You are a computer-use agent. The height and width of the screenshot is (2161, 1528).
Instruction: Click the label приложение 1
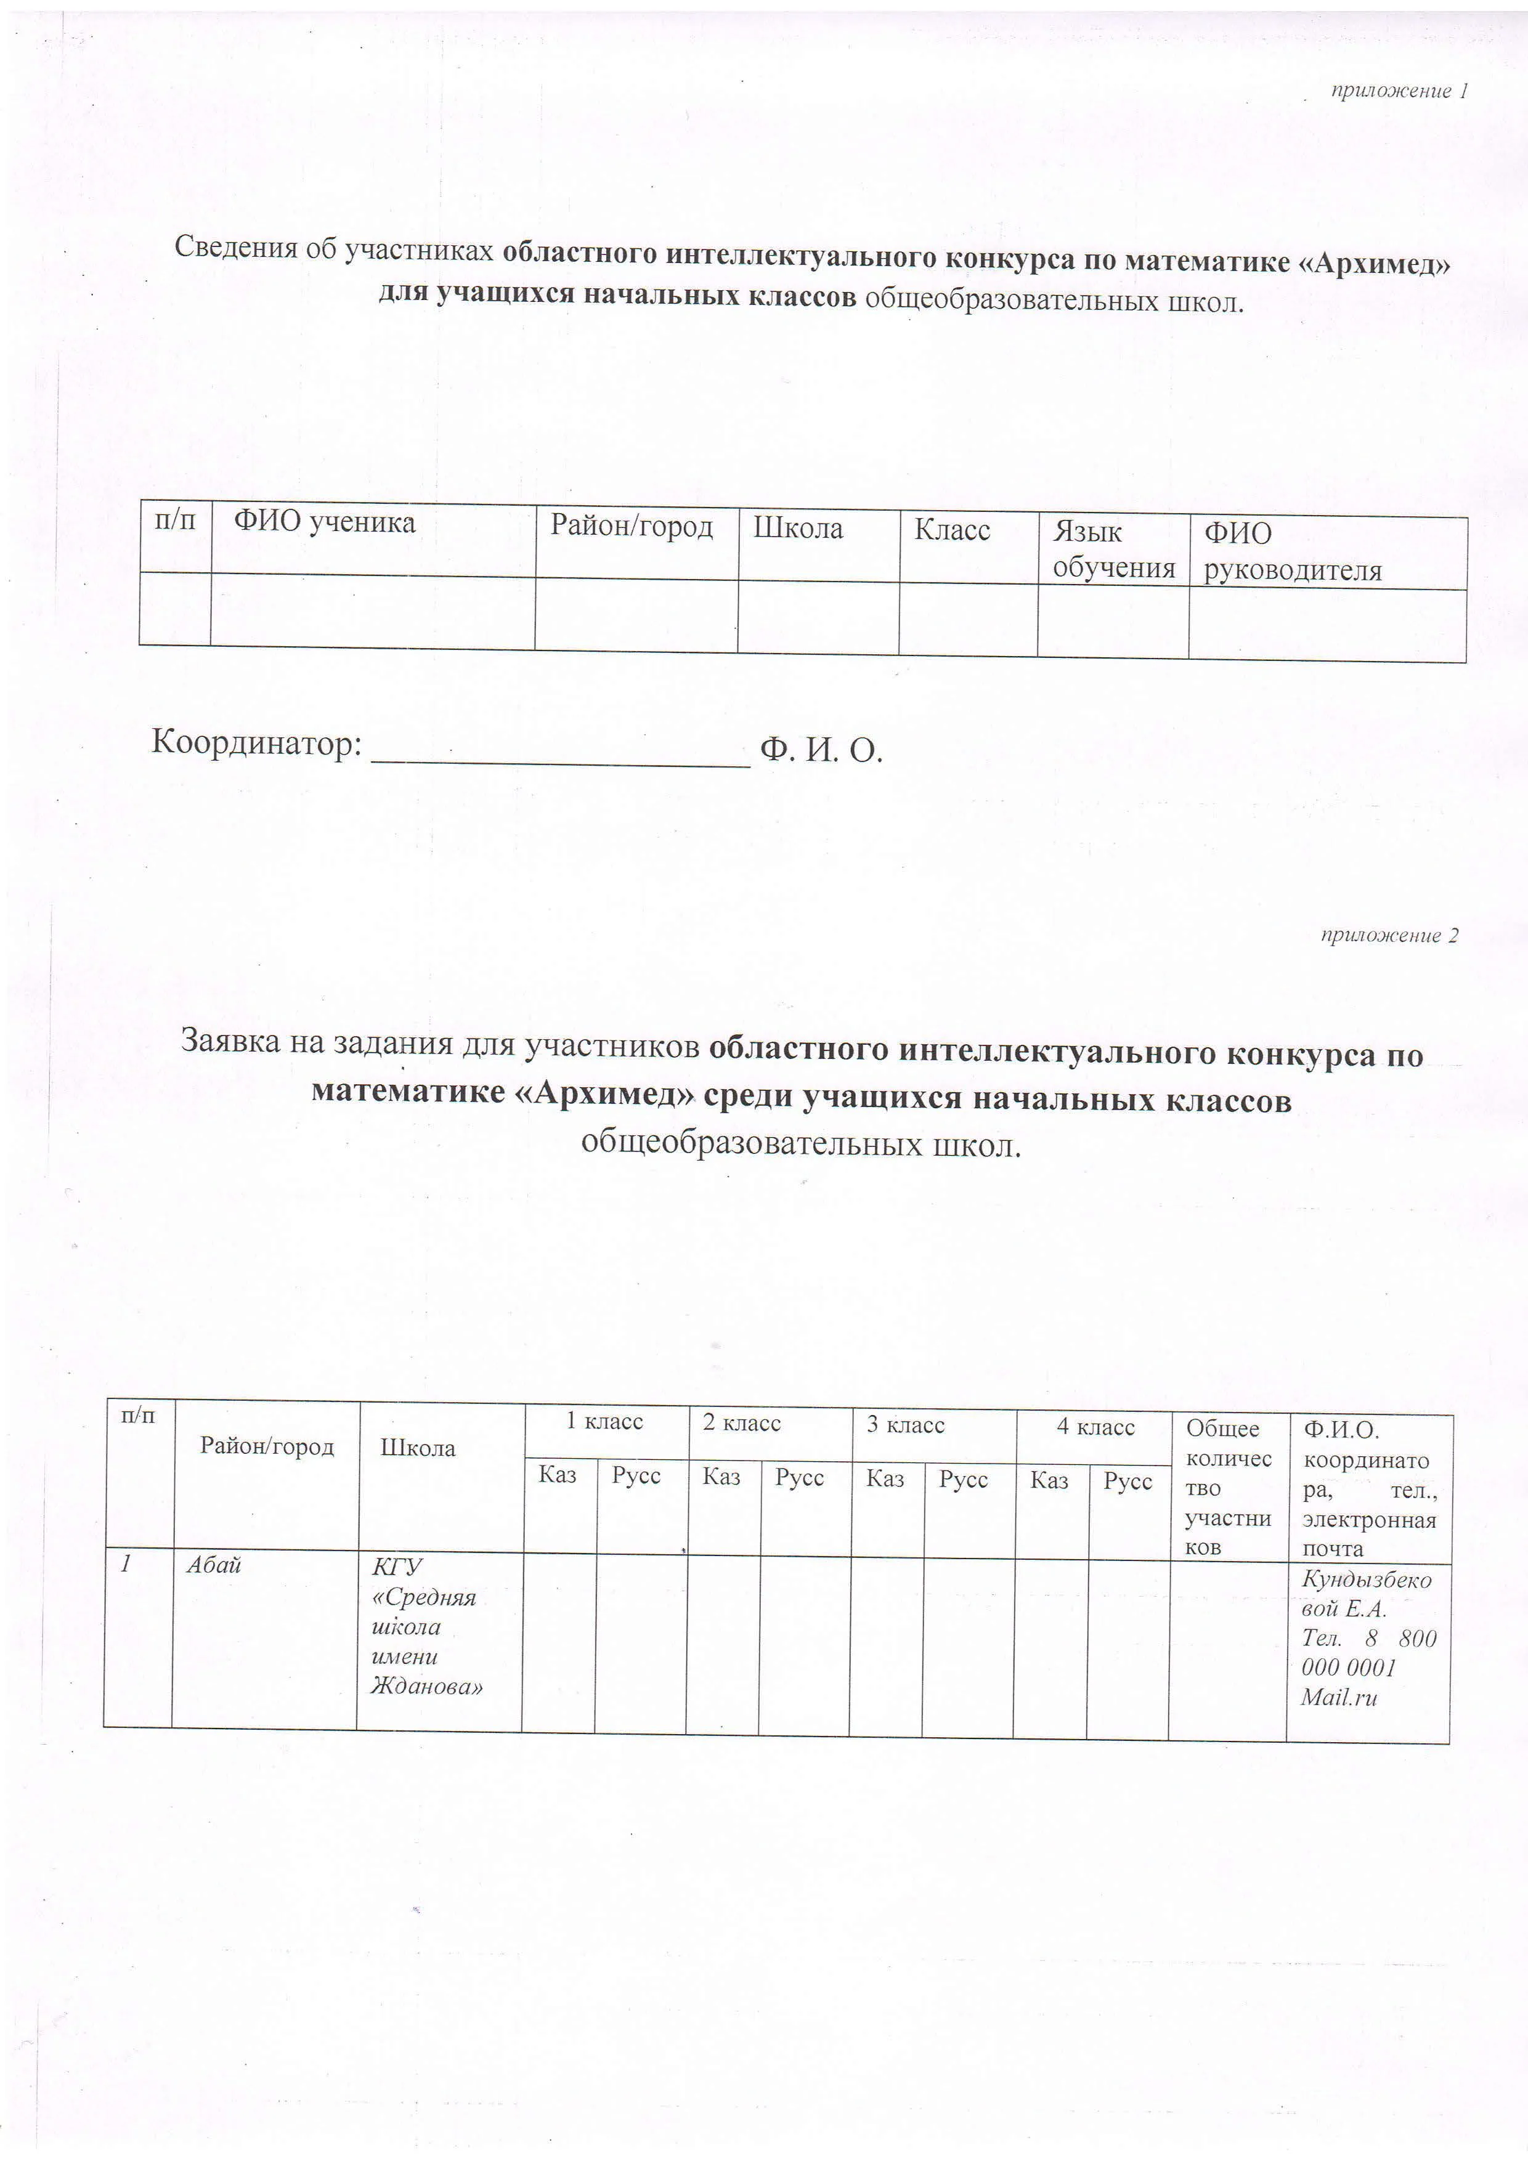pyautogui.click(x=1399, y=91)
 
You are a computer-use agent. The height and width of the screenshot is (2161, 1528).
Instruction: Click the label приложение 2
pyautogui.click(x=1389, y=936)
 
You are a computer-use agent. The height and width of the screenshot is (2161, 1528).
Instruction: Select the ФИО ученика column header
pyautogui.click(x=324, y=522)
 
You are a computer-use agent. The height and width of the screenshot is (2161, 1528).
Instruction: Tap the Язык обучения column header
pyautogui.click(x=1113, y=551)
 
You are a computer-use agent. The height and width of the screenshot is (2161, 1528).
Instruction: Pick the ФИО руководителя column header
pyautogui.click(x=1291, y=553)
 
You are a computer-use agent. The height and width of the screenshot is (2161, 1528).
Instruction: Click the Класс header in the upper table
pyautogui.click(x=952, y=531)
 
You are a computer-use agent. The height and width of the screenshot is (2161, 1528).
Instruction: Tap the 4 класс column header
pyautogui.click(x=1095, y=1428)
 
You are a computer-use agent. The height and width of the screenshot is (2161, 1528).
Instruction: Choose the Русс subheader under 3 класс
pyautogui.click(x=963, y=1480)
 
